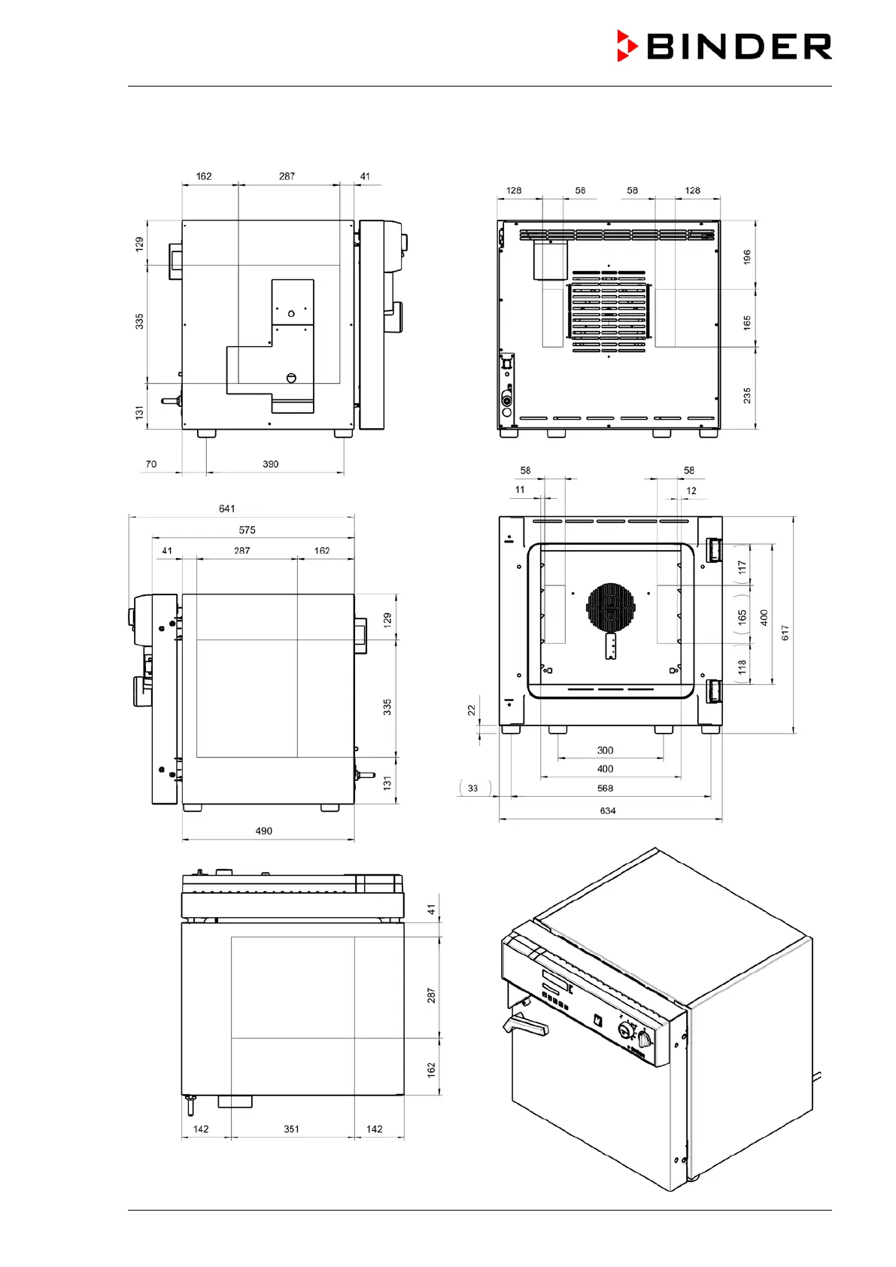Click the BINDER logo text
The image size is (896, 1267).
[739, 47]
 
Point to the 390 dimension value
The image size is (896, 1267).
[271, 464]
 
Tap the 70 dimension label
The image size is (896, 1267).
[151, 464]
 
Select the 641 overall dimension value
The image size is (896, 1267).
[226, 509]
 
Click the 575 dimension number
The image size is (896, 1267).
[247, 530]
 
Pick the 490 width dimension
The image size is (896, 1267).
[263, 831]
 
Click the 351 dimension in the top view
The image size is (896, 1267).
[291, 1129]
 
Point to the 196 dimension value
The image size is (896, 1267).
[747, 257]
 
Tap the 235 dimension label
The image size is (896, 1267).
[747, 395]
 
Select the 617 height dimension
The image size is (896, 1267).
[785, 633]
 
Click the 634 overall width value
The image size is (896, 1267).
[608, 810]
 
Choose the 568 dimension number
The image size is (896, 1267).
[605, 788]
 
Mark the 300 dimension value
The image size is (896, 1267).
[605, 750]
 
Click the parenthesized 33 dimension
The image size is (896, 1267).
[472, 788]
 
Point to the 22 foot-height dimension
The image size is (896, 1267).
[472, 709]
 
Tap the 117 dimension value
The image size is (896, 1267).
[743, 567]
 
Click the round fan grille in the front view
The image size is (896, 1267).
[611, 607]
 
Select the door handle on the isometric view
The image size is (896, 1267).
[524, 1024]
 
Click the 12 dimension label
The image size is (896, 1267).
[691, 491]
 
